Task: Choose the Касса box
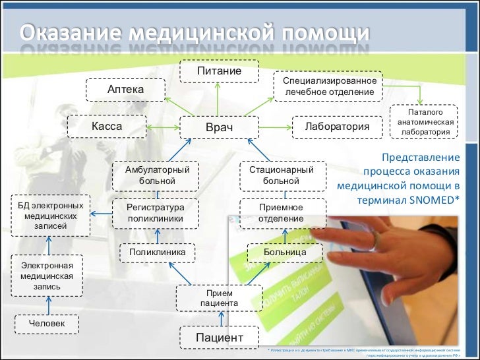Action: [x=107, y=125]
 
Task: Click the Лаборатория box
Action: [x=337, y=126]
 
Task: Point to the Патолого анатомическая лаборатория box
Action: [x=425, y=123]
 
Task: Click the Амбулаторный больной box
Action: [x=156, y=175]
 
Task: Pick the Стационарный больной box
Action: [x=282, y=175]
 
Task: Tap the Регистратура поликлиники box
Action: [x=155, y=212]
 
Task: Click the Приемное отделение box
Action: [x=282, y=212]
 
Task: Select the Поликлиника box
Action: [x=157, y=252]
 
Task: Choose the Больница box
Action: [x=284, y=252]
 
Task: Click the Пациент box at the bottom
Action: [x=220, y=338]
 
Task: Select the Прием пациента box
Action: [x=219, y=298]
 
